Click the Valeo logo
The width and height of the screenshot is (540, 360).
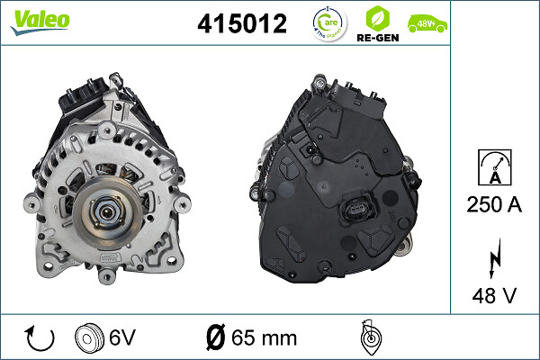point(40,21)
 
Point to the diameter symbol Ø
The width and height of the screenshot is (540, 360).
point(215,337)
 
